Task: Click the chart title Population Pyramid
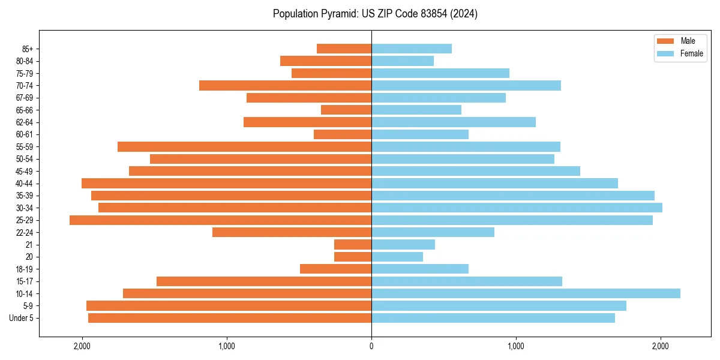[x=375, y=14]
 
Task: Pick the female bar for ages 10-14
[x=526, y=293]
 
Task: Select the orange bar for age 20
[x=353, y=257]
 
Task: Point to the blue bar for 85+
[x=412, y=49]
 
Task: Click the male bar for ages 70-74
[x=285, y=86]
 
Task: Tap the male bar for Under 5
[x=230, y=318]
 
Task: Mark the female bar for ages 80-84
[x=403, y=61]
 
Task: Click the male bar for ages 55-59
[x=244, y=147]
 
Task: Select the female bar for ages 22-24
[x=433, y=232]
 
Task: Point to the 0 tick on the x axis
[x=371, y=346]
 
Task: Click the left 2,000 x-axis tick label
[x=82, y=346]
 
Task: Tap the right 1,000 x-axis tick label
[x=516, y=346]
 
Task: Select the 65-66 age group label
[x=25, y=110]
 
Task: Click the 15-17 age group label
[x=25, y=281]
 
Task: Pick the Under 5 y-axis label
[x=22, y=318]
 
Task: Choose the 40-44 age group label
[x=25, y=184]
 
